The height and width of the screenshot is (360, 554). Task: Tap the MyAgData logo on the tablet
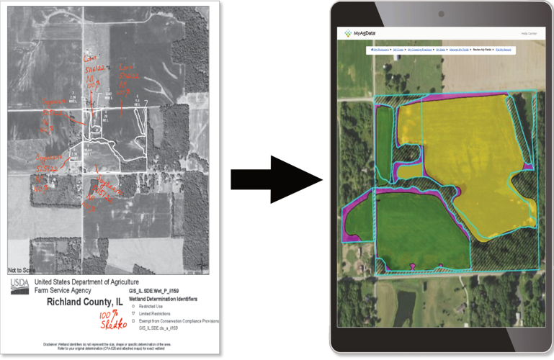point(360,33)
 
